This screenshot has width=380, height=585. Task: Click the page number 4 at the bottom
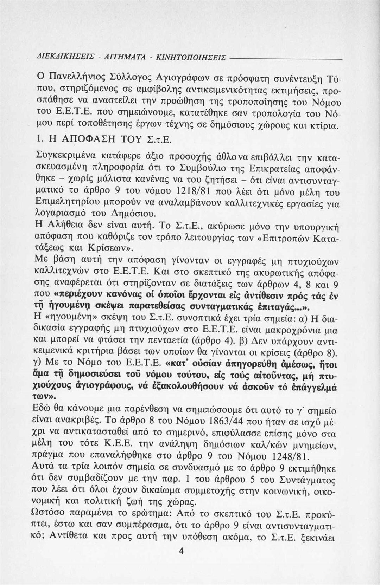click(x=182, y=551)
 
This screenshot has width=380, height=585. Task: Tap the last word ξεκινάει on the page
click(x=318, y=538)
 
